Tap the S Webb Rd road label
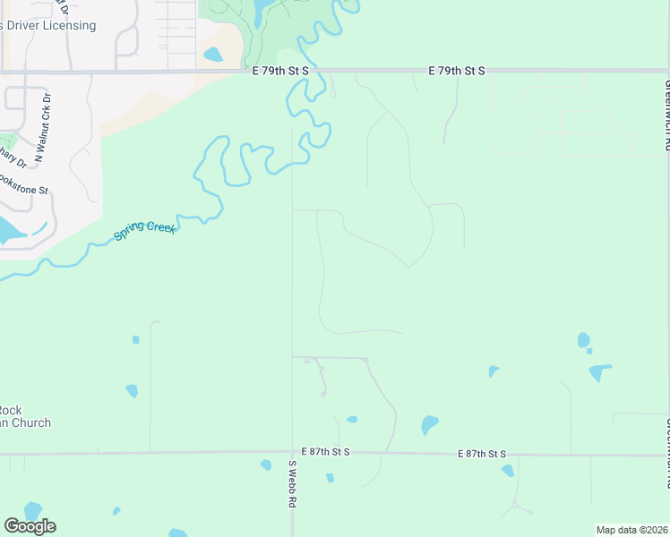[292, 484]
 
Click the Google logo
[30, 526]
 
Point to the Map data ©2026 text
[631, 530]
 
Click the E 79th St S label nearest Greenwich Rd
[456, 70]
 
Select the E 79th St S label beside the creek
[279, 70]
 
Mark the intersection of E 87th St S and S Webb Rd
[292, 454]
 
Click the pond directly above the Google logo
[32, 510]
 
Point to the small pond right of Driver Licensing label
[213, 55]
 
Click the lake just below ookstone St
[9, 231]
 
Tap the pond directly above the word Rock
[132, 391]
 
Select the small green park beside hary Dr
[6, 141]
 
